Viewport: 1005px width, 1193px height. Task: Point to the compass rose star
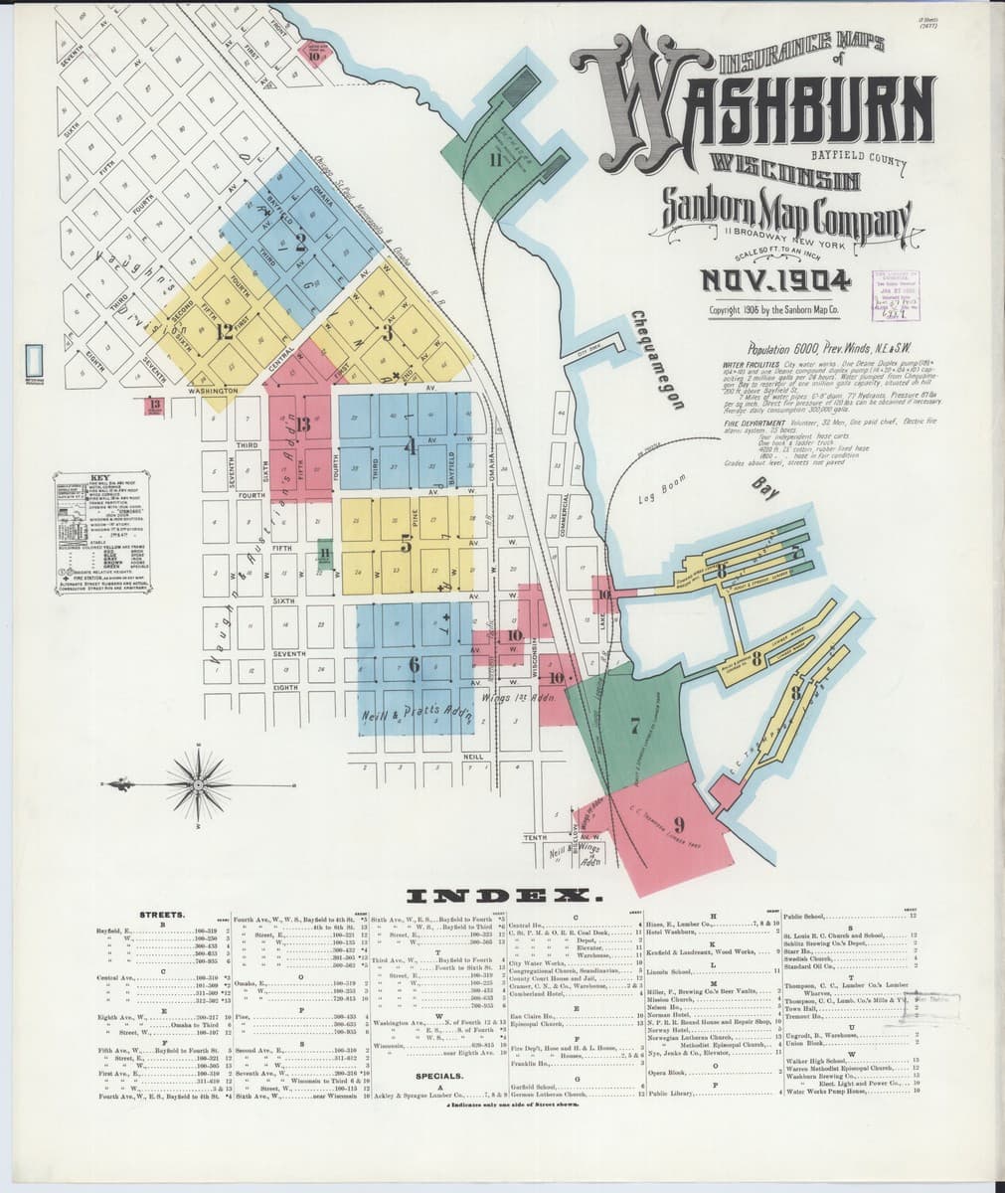199,785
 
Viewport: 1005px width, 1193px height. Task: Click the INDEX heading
501,896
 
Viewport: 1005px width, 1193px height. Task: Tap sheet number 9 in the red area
679,823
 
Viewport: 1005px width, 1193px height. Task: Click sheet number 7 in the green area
633,726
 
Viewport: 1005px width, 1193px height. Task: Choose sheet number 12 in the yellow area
225,332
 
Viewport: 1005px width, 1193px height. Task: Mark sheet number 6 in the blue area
414,665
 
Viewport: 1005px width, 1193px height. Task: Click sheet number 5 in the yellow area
406,543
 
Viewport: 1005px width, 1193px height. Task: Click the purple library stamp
899,295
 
